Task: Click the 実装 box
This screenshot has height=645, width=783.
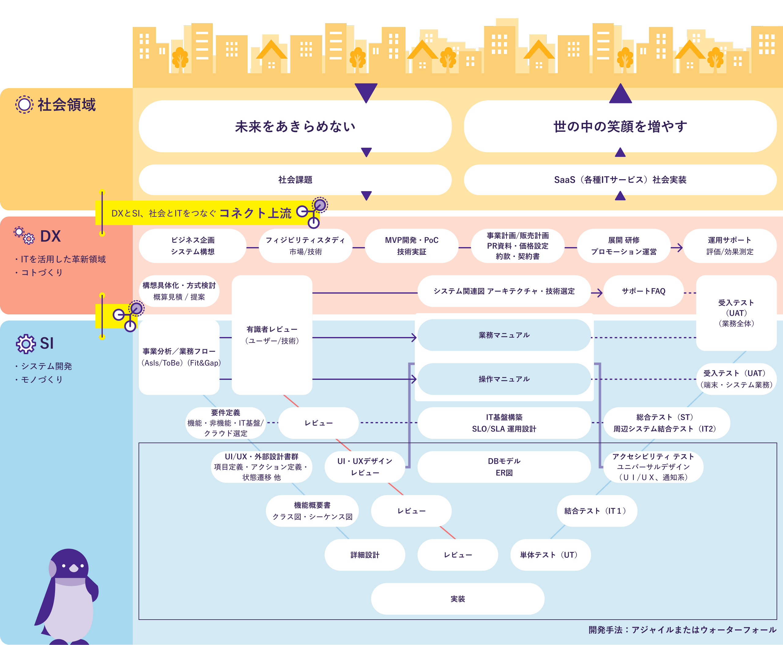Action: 458,599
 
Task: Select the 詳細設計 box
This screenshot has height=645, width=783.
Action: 365,555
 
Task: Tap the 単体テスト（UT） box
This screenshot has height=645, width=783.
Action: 550,555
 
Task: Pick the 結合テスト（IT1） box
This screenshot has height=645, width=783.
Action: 597,511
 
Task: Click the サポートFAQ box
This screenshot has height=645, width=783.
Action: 643,291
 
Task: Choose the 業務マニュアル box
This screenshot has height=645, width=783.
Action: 504,335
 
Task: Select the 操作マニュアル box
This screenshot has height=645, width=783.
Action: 504,379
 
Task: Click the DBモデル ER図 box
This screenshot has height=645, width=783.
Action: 504,467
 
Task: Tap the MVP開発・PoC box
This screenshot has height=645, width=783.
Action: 411,246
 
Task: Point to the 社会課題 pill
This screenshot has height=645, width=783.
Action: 295,180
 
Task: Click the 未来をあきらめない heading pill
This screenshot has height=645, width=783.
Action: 295,126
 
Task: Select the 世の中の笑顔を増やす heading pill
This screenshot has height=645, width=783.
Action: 620,126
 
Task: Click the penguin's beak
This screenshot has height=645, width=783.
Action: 74,569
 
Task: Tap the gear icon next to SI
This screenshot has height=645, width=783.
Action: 26,344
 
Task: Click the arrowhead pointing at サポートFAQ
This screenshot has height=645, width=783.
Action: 598,293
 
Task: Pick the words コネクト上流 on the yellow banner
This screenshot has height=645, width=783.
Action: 255,213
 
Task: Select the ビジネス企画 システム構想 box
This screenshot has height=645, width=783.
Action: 192,246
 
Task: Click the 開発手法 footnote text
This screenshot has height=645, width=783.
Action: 682,630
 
